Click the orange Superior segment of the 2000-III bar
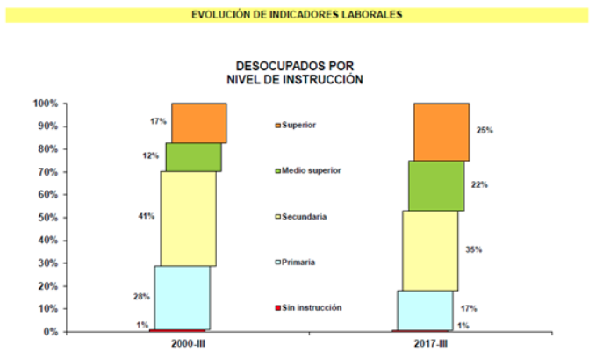point(198,123)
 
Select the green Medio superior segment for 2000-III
point(193,157)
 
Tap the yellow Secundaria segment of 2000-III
point(188,219)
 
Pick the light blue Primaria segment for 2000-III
point(182,298)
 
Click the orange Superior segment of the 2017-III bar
point(442,132)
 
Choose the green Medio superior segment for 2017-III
point(435,185)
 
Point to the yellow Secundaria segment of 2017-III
point(429,250)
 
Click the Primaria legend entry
point(297,262)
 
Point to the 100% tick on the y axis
point(46,104)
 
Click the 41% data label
point(147,215)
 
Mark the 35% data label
point(474,250)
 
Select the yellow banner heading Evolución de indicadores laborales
point(298,15)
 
